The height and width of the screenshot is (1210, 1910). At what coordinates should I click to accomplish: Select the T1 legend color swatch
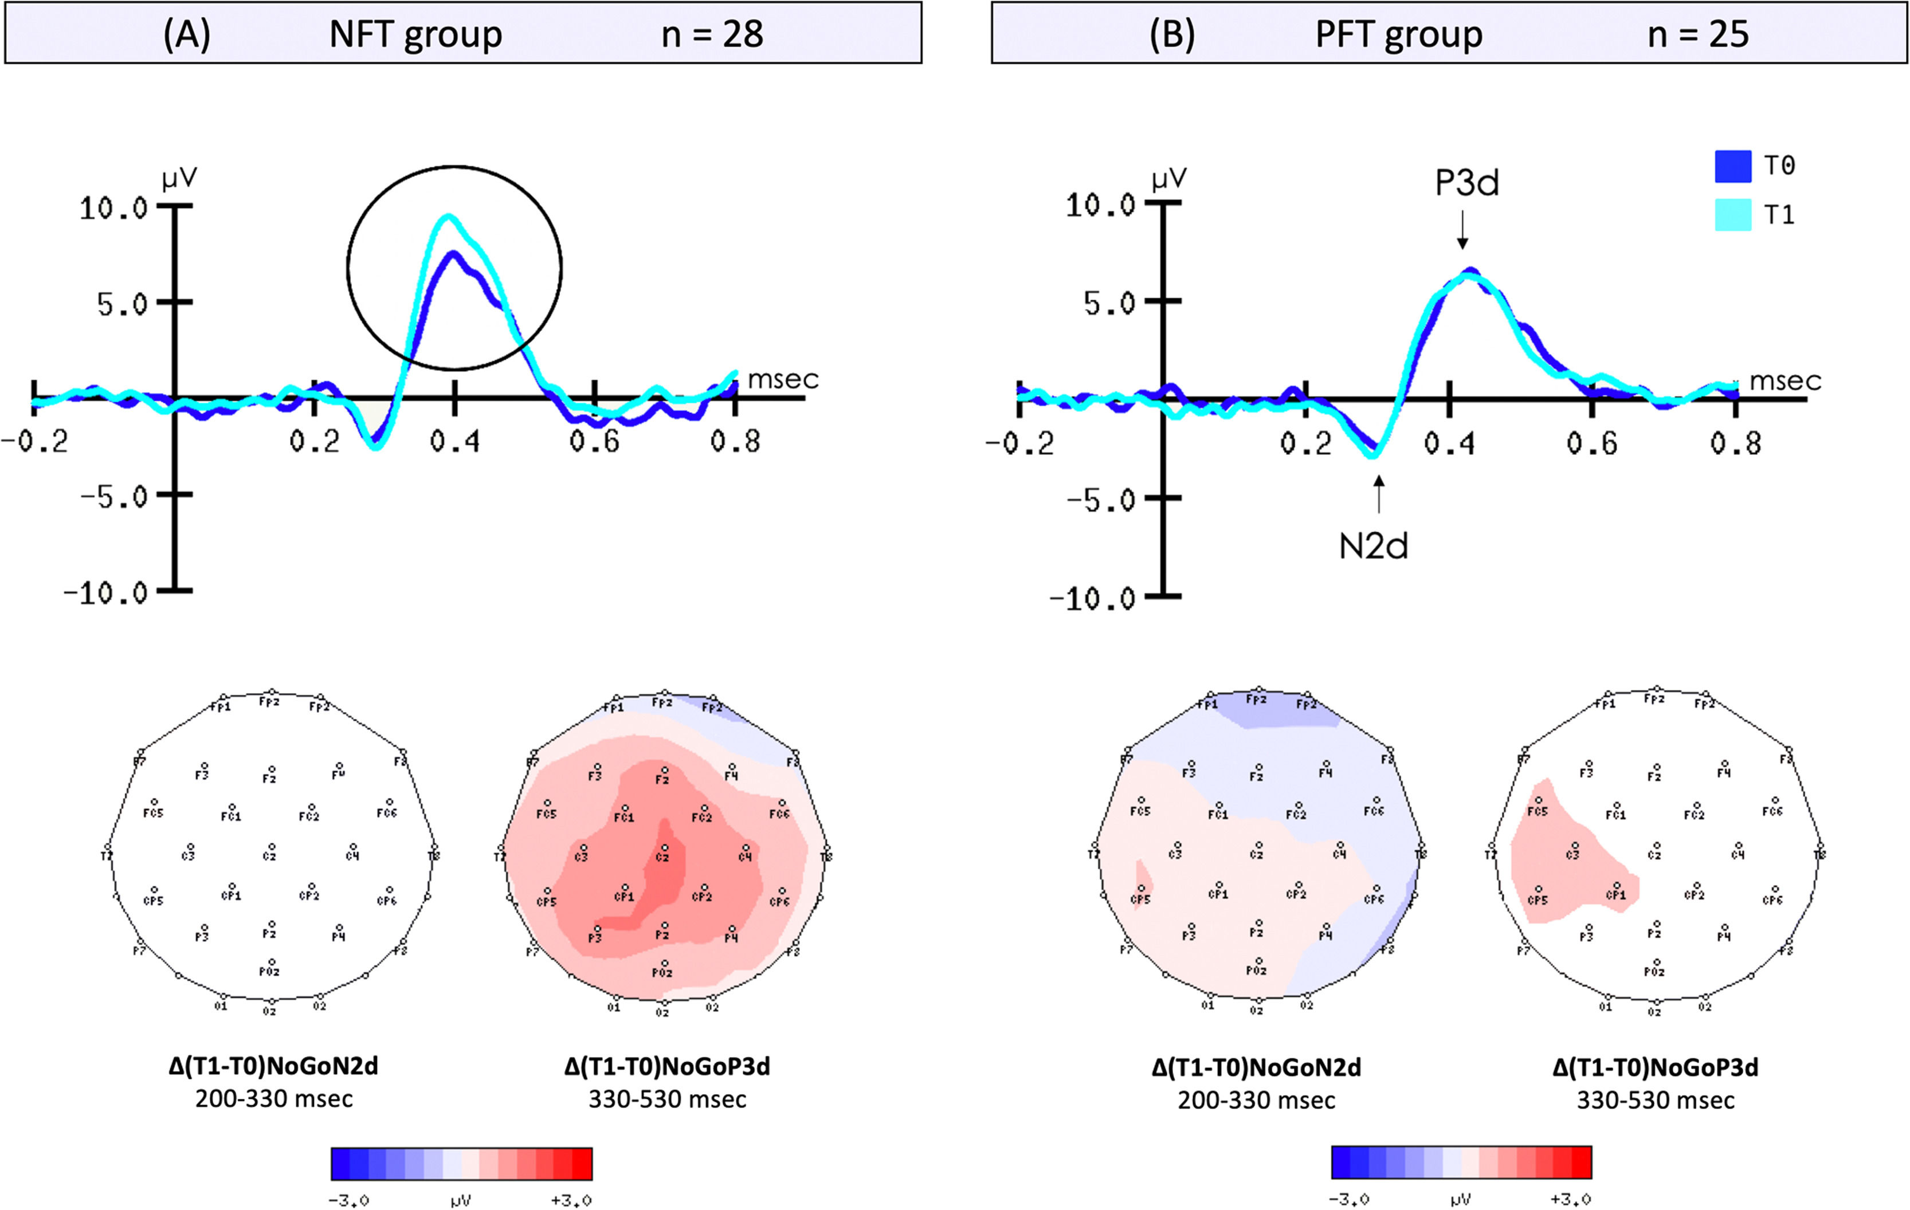click(1732, 215)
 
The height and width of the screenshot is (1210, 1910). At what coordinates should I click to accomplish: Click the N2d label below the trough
click(1373, 547)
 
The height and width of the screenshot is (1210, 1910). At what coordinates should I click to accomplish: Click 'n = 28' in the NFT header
click(712, 34)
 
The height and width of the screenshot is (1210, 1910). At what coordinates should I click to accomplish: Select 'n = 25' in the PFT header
click(1697, 34)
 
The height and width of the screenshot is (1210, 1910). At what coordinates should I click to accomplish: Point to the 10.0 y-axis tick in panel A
click(113, 209)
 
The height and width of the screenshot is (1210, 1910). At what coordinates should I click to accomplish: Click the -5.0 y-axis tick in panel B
click(1101, 500)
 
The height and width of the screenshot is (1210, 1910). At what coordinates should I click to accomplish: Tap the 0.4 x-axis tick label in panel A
click(454, 441)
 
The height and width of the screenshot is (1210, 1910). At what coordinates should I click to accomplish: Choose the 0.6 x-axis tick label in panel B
click(1591, 443)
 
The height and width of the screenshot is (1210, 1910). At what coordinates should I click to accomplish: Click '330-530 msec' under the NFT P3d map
click(667, 1099)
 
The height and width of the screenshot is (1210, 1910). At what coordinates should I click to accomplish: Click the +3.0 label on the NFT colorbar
click(571, 1200)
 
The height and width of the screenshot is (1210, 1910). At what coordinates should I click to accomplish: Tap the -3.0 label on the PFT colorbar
click(1349, 1200)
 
